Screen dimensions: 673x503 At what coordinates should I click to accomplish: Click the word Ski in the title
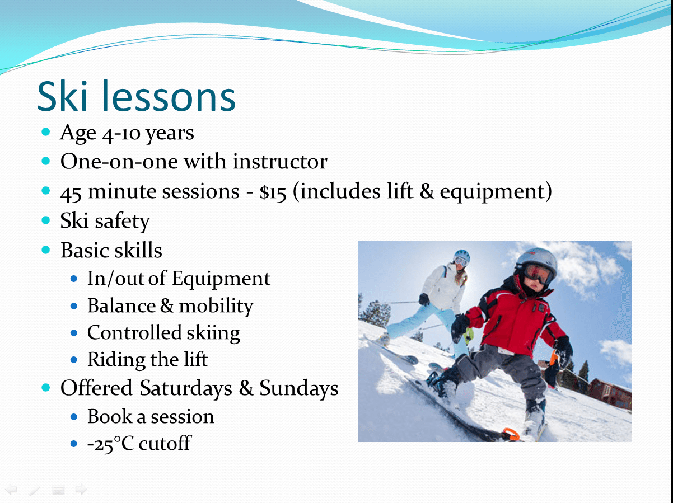click(63, 96)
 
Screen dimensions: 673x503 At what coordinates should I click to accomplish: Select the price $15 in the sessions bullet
click(273, 192)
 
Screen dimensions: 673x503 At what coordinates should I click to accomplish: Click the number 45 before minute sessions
click(71, 193)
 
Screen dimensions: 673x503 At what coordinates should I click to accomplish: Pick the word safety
click(122, 221)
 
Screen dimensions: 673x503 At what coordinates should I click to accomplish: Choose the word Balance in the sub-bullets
click(121, 305)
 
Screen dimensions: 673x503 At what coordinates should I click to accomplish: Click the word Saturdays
click(186, 388)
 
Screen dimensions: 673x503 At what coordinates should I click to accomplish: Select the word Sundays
click(299, 388)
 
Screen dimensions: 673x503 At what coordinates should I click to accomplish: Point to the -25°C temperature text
click(111, 444)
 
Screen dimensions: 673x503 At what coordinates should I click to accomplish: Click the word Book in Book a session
click(110, 416)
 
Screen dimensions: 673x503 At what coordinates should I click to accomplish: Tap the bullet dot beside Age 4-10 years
click(46, 132)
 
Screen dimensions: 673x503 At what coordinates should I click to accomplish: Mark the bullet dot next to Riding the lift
click(73, 359)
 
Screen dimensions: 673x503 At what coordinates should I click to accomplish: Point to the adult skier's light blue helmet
click(462, 256)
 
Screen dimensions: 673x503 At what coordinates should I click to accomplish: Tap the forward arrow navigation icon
click(81, 489)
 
